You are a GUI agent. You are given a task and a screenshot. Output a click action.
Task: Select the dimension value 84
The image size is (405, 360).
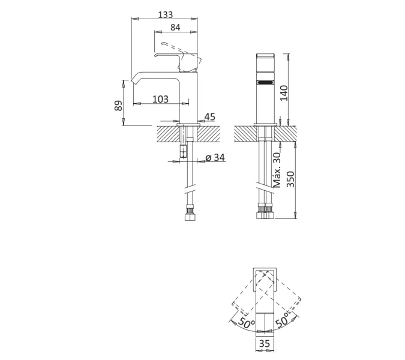pyautogui.click(x=175, y=28)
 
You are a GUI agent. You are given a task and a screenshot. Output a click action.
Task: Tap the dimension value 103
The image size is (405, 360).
pyautogui.click(x=160, y=99)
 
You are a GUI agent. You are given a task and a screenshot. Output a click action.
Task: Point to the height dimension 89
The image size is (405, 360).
pyautogui.click(x=119, y=105)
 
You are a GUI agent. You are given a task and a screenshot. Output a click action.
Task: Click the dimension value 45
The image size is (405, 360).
pyautogui.click(x=209, y=116)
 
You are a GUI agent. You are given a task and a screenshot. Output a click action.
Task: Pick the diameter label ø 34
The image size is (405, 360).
pyautogui.click(x=215, y=158)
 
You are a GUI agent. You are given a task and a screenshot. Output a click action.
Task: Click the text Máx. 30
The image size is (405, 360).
pyautogui.click(x=277, y=169)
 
